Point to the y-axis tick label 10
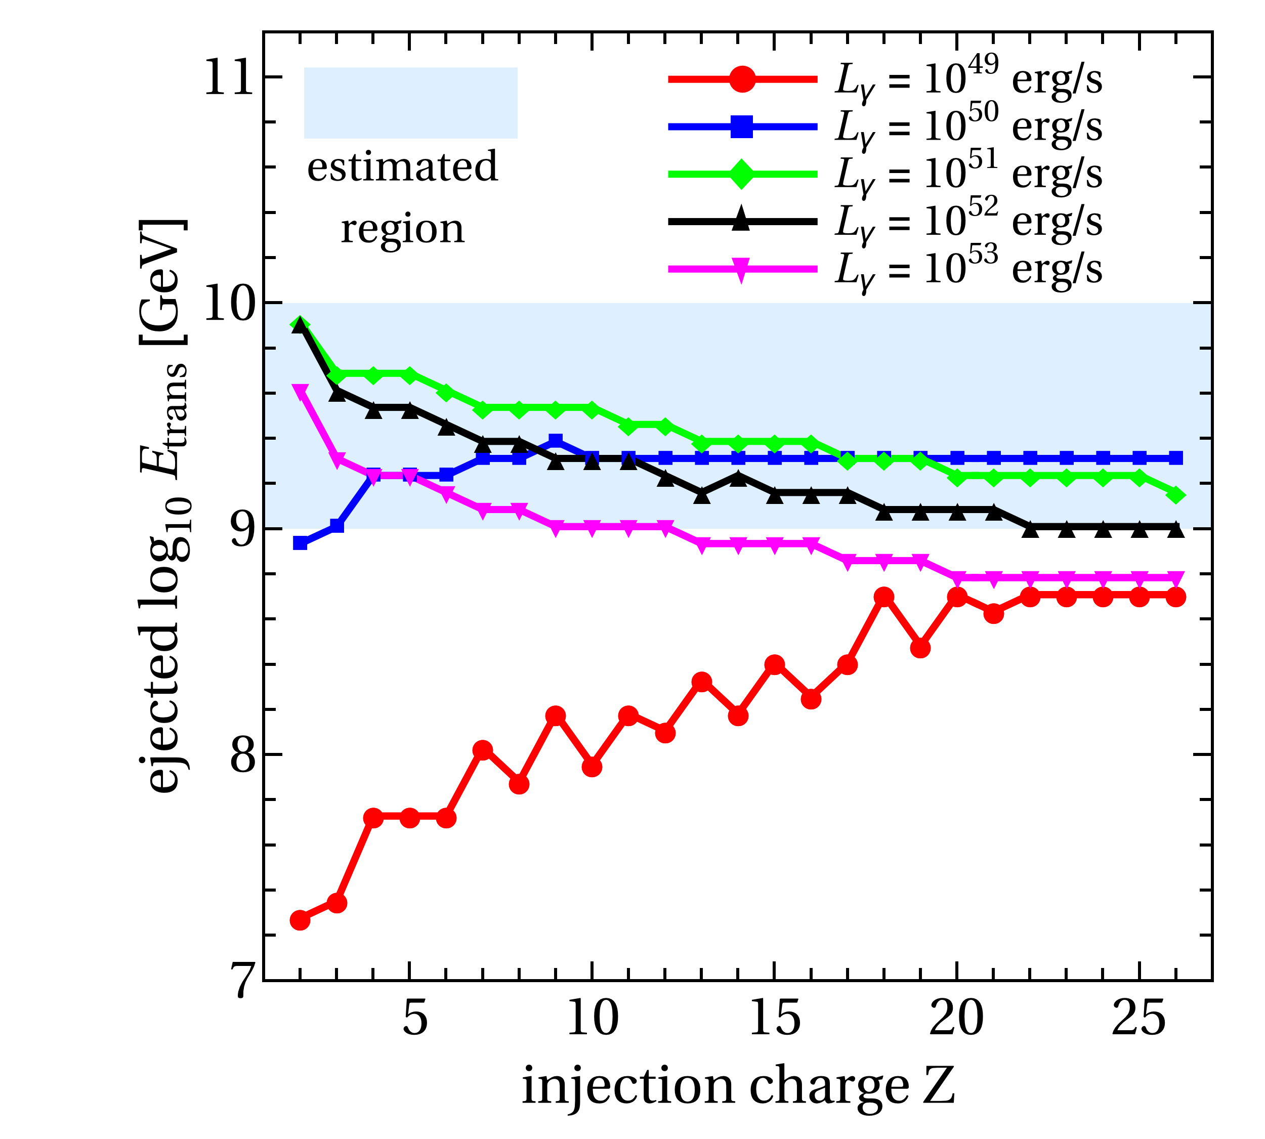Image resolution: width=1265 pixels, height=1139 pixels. (229, 304)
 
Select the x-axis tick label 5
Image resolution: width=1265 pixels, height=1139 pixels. (414, 1018)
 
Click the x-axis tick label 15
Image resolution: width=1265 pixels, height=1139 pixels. (774, 1018)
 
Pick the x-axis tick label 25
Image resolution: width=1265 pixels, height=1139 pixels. (1138, 1018)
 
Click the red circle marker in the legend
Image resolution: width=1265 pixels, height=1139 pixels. (742, 79)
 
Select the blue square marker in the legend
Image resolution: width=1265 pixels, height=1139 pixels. (742, 127)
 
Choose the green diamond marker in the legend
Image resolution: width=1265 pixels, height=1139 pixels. (742, 174)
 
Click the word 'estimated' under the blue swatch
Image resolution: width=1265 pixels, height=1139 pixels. (402, 167)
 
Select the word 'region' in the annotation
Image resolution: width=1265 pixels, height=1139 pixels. (402, 230)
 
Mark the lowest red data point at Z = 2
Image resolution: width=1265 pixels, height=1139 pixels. (301, 920)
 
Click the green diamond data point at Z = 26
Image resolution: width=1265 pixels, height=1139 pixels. (1176, 495)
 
